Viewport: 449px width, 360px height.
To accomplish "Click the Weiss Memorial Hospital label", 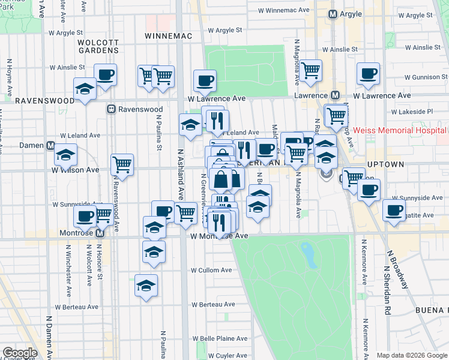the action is click(399, 130).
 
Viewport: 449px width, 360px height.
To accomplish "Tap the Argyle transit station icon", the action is click(334, 14).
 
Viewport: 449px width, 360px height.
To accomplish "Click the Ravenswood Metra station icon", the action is click(111, 109).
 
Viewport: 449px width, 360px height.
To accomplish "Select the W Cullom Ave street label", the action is click(211, 270).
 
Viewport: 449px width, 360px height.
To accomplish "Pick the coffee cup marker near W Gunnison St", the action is click(368, 73).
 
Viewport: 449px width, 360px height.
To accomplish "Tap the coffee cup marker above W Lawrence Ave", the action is click(205, 80).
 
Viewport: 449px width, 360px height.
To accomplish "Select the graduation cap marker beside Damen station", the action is click(65, 155).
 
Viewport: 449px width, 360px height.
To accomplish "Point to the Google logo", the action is click(19, 353).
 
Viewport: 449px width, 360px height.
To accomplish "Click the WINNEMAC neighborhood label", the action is click(169, 36).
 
